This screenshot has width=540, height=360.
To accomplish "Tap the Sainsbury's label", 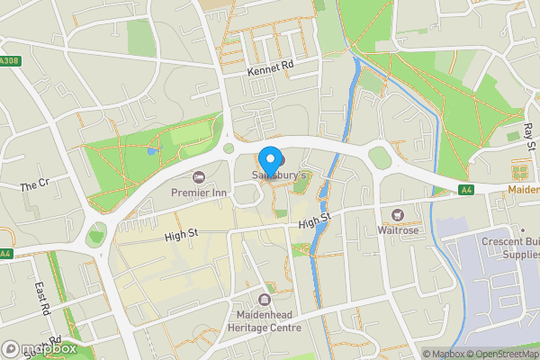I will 280,174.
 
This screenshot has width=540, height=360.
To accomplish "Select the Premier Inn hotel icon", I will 199,175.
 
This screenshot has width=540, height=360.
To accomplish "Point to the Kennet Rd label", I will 270,68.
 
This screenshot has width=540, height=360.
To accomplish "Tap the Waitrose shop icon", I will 397,215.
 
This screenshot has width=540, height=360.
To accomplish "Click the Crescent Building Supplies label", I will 509,247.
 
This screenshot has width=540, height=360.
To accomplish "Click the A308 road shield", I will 9,61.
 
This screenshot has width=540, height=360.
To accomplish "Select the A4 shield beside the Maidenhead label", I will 465,190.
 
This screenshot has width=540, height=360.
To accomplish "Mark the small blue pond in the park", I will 149,152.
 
